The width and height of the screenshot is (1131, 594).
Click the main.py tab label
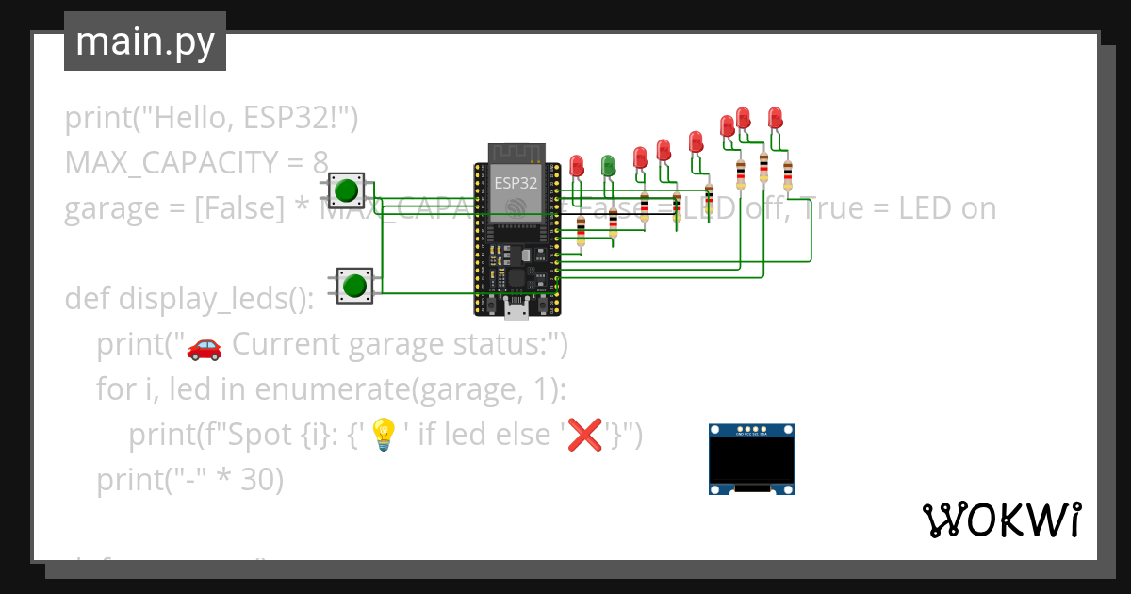[x=144, y=41]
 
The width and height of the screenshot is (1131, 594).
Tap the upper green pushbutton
[x=347, y=190]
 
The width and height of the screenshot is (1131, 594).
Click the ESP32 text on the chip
[x=516, y=183]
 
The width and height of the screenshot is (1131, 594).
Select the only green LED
[x=608, y=165]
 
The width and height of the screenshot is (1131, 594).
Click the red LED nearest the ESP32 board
[x=576, y=167]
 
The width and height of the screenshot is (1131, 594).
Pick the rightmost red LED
[x=775, y=118]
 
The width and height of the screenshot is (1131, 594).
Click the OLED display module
[x=751, y=459]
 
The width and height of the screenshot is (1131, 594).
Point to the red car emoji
[x=204, y=347]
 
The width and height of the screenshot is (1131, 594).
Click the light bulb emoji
[x=382, y=435]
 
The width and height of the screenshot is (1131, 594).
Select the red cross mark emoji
[x=585, y=435]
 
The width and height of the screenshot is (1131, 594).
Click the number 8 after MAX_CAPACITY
[x=320, y=163]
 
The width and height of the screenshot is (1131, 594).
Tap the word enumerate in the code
[x=335, y=389]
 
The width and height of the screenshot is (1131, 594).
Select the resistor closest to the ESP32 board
[x=581, y=230]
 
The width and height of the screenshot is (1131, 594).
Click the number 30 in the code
[x=262, y=480]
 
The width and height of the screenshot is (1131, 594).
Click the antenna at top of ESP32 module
[x=516, y=153]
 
